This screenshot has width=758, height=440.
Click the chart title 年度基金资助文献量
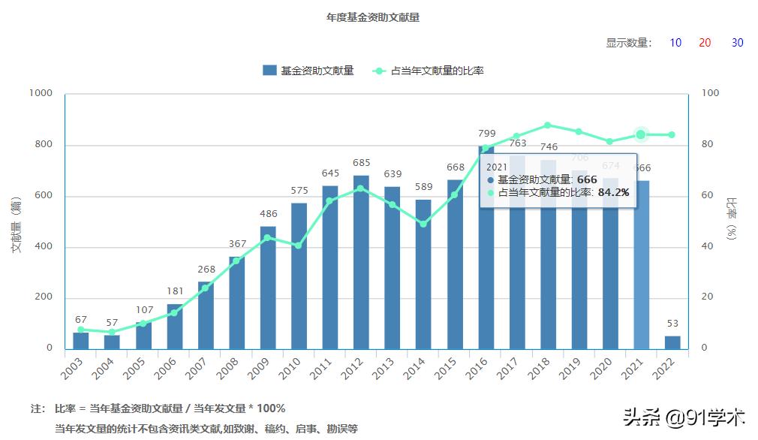tap(372, 17)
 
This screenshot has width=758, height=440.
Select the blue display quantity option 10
tap(675, 43)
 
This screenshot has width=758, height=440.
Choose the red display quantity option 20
tap(705, 43)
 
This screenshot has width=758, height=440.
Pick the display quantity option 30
tap(737, 43)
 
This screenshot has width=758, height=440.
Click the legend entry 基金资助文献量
tap(308, 71)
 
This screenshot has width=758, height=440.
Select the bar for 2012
tap(362, 262)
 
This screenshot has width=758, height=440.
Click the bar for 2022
tap(672, 342)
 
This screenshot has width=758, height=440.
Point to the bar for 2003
tap(81, 340)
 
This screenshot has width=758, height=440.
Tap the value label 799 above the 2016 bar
tap(486, 134)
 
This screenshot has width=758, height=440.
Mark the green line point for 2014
tap(424, 224)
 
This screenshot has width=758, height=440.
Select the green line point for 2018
tap(548, 125)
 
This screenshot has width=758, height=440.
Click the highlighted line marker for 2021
tap(641, 134)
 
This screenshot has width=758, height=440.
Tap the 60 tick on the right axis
tap(709, 195)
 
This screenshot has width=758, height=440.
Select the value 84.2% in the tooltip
tap(613, 192)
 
